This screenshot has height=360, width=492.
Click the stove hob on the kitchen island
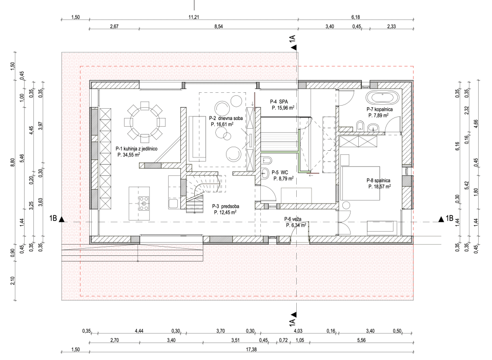(x=144, y=204)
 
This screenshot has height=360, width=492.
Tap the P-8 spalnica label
(x=379, y=181)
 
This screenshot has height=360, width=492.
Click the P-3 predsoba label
(x=226, y=206)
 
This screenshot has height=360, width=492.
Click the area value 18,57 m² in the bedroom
(x=379, y=187)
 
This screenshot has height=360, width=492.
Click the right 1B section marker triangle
(x=441, y=219)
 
